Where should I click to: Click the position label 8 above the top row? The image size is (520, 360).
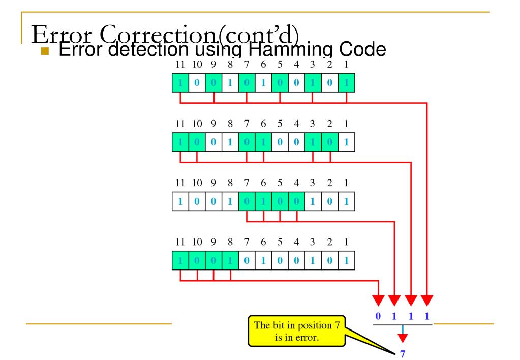(230, 65)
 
